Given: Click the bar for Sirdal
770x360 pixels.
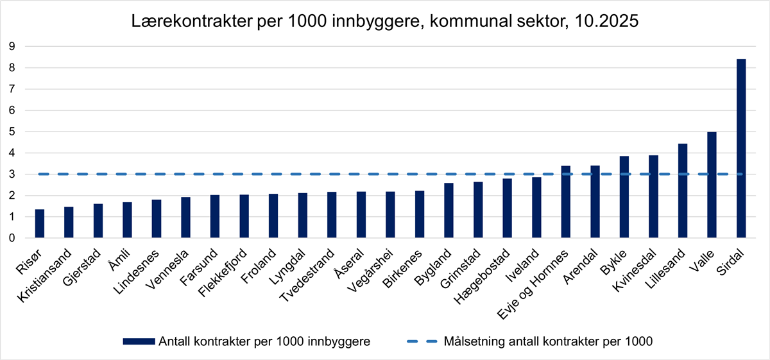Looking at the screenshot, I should (x=741, y=148).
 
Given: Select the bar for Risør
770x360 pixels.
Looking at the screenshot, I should (x=39, y=224).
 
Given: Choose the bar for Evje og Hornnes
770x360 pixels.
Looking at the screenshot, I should (x=565, y=202).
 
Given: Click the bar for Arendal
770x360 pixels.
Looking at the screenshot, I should (x=595, y=202).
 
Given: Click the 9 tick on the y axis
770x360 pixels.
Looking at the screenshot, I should (x=11, y=46).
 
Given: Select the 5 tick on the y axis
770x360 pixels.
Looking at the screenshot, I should (x=11, y=132).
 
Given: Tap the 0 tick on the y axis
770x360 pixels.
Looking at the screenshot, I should (x=11, y=238).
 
